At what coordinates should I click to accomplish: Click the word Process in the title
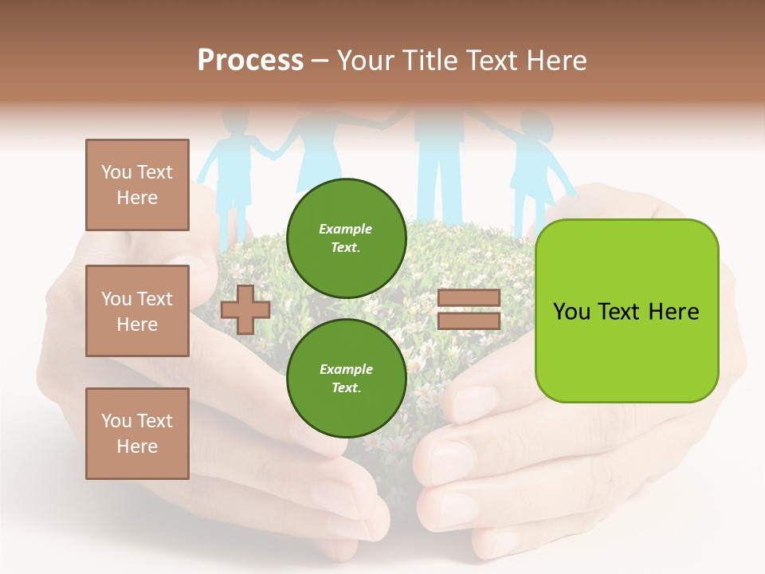250,61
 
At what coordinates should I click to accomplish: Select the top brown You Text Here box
137,185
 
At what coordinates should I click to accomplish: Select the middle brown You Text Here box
137,311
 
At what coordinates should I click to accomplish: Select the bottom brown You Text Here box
137,434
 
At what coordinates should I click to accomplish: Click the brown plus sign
245,309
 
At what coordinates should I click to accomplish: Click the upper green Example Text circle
346,238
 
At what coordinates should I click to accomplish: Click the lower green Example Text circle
346,379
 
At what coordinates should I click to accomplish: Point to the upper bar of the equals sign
469,298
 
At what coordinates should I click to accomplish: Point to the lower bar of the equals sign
469,321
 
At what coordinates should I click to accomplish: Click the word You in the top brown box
116,172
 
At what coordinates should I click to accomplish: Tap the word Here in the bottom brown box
137,446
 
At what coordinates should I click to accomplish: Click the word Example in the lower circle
346,369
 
